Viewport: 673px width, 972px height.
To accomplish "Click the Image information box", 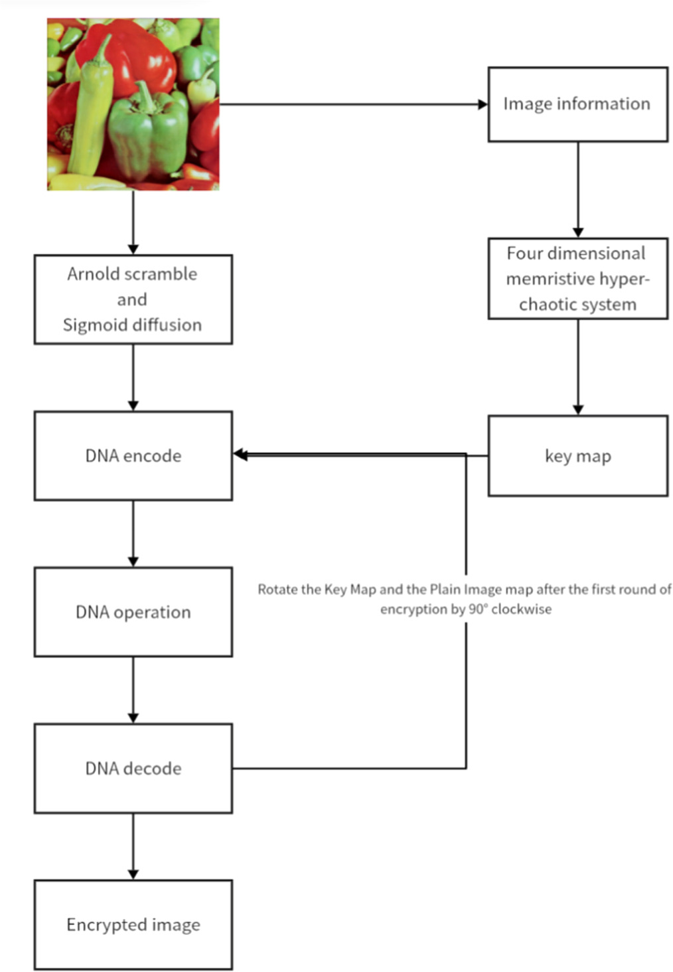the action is click(x=577, y=104).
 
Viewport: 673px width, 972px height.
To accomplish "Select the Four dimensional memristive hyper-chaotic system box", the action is click(x=577, y=279).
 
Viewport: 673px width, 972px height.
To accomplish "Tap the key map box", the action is click(x=577, y=455).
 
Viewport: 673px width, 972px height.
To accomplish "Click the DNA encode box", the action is click(x=133, y=455).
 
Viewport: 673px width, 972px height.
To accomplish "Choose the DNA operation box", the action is click(x=133, y=612).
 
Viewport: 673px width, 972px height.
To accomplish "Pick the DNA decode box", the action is click(x=133, y=768).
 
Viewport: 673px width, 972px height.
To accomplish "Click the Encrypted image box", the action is click(x=133, y=925).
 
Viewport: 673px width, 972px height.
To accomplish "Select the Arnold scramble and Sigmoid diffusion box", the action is click(x=133, y=299).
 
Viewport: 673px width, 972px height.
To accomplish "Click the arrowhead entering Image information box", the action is click(x=483, y=104).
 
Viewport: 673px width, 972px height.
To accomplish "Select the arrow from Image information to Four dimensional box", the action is click(x=577, y=190).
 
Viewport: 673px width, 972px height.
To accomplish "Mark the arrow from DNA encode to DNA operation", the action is click(x=133, y=534).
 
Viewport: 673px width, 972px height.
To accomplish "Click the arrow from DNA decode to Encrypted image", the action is click(x=133, y=847).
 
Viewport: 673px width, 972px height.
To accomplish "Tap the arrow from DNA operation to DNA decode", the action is click(x=133, y=690).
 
